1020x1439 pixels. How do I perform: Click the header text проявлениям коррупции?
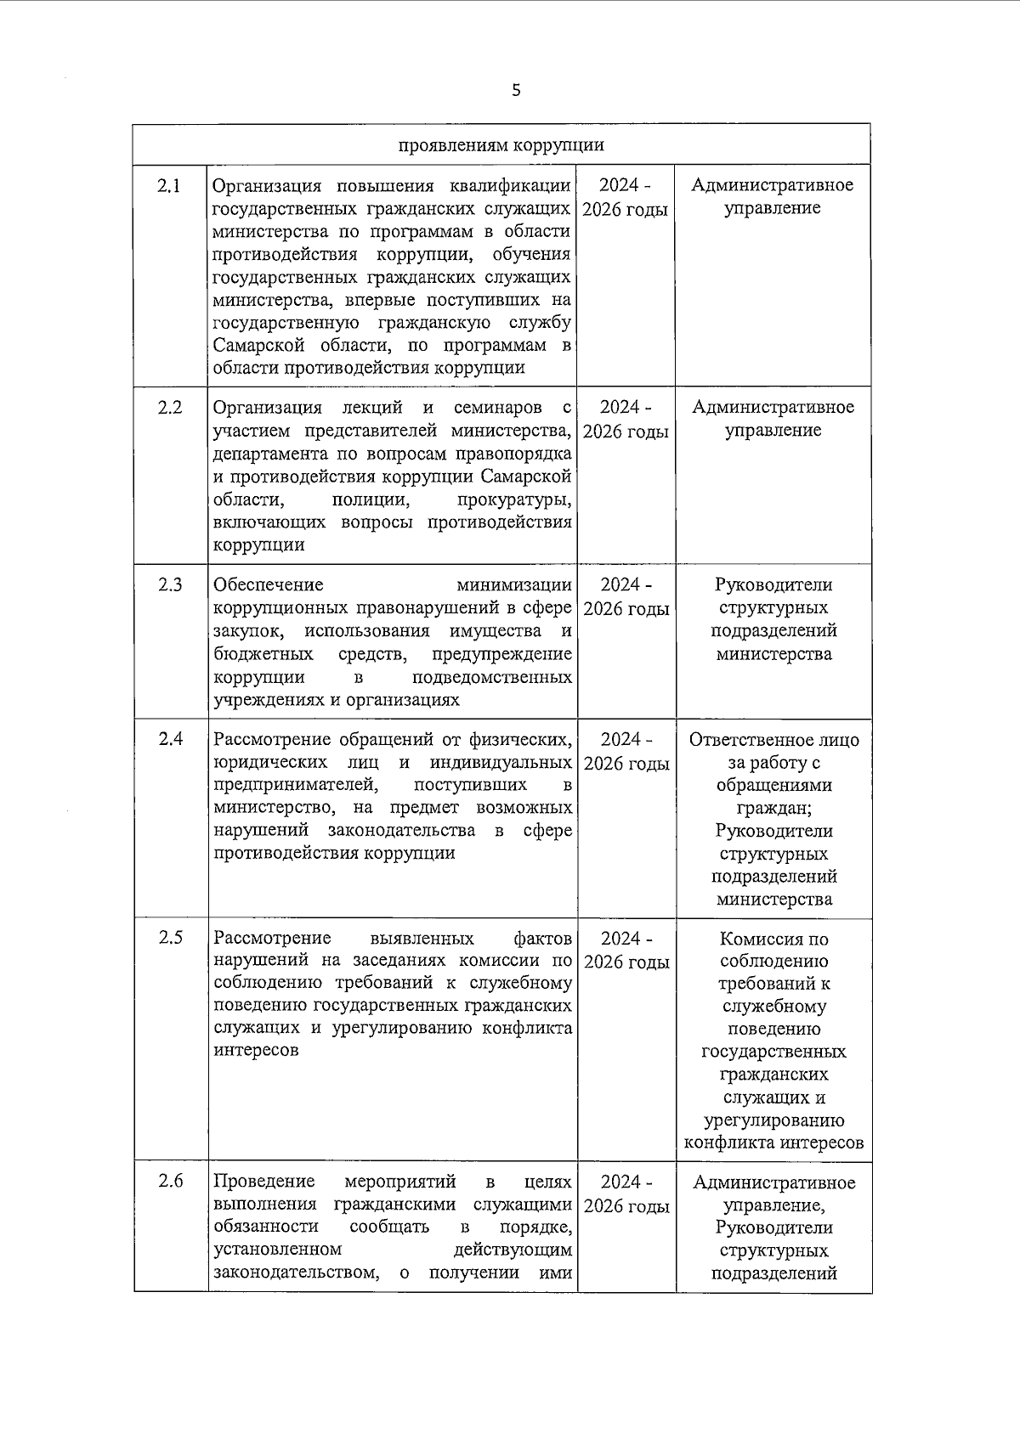501,144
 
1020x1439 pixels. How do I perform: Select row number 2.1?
170,186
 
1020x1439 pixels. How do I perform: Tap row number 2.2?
170,408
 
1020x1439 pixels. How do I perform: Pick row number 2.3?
170,584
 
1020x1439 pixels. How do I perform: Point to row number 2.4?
170,739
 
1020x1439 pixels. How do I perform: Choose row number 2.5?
170,939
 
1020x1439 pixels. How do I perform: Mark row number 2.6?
170,1182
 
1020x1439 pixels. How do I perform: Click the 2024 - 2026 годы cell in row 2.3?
626,597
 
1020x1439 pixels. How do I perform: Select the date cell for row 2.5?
626,951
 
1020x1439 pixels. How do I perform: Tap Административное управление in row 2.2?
773,419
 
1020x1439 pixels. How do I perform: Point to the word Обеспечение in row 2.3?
269,585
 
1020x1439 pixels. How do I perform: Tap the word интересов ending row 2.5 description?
256,1051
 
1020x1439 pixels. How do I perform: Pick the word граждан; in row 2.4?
773,809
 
